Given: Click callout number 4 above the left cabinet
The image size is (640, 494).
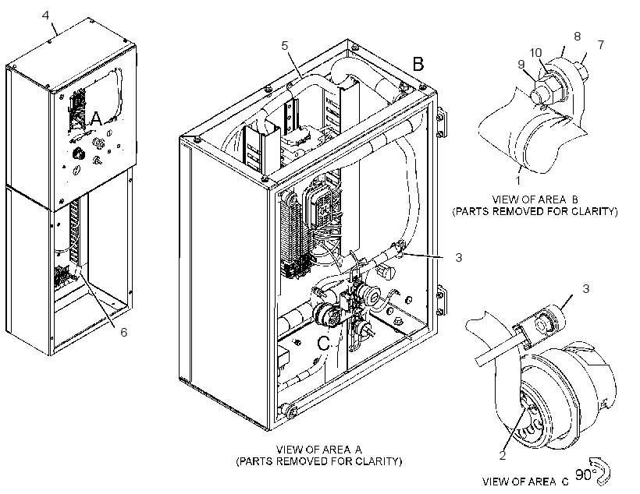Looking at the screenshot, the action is coord(46,15).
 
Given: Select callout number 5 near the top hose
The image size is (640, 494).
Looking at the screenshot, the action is coord(285,46).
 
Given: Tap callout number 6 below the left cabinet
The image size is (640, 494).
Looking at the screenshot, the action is coord(123,332).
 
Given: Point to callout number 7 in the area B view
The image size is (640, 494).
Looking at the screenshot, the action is coord(600,44).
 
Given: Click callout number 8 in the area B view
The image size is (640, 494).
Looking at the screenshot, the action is coord(577,37).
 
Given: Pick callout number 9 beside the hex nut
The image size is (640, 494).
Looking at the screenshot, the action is coord(521,65).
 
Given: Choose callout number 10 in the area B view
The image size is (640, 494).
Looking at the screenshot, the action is coord(535,53).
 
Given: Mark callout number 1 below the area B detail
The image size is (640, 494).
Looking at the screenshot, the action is coord(518,180).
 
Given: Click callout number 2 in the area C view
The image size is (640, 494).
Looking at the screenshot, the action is coord(503,456).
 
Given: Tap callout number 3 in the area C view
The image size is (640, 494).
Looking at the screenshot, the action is coord(586,289).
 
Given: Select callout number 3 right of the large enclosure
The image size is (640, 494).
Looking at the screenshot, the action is coord(459,258).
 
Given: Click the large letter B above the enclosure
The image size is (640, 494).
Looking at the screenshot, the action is coord(418,64).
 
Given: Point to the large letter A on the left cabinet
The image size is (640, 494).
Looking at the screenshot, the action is coord(96,118).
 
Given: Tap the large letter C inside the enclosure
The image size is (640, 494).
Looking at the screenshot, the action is coord(323,344).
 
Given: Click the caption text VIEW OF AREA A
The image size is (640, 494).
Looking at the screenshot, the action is coord(318,450).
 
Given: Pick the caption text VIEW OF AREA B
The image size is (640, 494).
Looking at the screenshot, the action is coord(535,199).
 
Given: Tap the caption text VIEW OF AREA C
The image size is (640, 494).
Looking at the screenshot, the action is coord(525,482).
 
